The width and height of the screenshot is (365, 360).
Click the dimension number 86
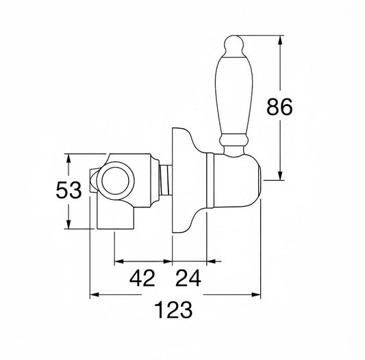coord(279,107)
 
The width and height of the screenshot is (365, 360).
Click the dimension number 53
coord(68,190)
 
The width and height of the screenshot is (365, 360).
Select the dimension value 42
coord(142,278)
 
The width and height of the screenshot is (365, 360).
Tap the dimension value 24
coord(188,278)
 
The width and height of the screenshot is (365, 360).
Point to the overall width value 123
coord(173,310)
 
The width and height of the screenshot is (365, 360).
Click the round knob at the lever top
coord(234,45)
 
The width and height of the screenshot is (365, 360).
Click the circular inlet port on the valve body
coord(116,181)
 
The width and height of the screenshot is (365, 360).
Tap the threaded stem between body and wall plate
coord(166,179)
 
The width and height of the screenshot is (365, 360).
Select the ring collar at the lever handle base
coord(233,139)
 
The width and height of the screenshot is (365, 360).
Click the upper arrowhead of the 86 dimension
coord(280,40)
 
